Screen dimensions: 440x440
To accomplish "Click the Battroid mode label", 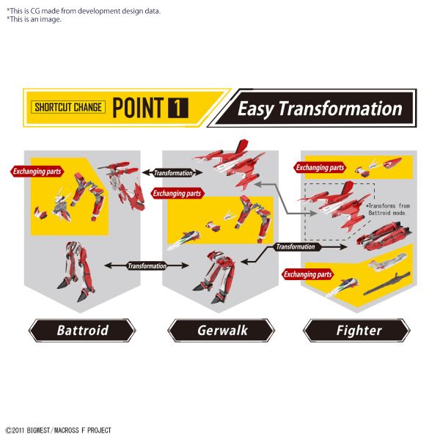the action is pyautogui.click(x=82, y=330).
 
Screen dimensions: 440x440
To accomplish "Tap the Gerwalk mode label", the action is pyautogui.click(x=221, y=330).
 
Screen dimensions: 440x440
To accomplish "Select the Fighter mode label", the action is pyautogui.click(x=357, y=330).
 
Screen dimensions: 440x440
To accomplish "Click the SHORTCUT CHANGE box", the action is pyautogui.click(x=68, y=107).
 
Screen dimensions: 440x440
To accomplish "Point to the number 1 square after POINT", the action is pyautogui.click(x=178, y=108).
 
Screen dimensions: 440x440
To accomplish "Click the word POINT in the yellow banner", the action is pyautogui.click(x=138, y=108).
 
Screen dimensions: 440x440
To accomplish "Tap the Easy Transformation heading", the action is pyautogui.click(x=320, y=109).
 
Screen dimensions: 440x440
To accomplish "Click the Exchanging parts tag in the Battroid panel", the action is pyautogui.click(x=37, y=171).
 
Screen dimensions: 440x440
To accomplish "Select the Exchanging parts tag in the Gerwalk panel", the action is pyautogui.click(x=177, y=194).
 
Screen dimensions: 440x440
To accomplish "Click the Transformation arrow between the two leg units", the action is pyautogui.click(x=147, y=265).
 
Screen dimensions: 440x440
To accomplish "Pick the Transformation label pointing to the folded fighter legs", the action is pyautogui.click(x=296, y=247).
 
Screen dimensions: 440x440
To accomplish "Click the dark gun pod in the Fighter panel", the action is pyautogui.click(x=387, y=284).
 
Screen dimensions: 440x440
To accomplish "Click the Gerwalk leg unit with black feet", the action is pyautogui.click(x=216, y=276).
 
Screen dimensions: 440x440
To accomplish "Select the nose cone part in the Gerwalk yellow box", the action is pyautogui.click(x=184, y=239).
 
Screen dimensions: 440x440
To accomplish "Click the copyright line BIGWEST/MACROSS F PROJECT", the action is pyautogui.click(x=59, y=430).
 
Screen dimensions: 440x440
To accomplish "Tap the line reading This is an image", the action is pyautogui.click(x=34, y=19).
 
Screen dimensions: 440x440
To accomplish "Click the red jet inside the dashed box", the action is pyautogui.click(x=331, y=205).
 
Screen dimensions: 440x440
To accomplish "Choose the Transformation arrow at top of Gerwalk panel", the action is pyautogui.click(x=172, y=172).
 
